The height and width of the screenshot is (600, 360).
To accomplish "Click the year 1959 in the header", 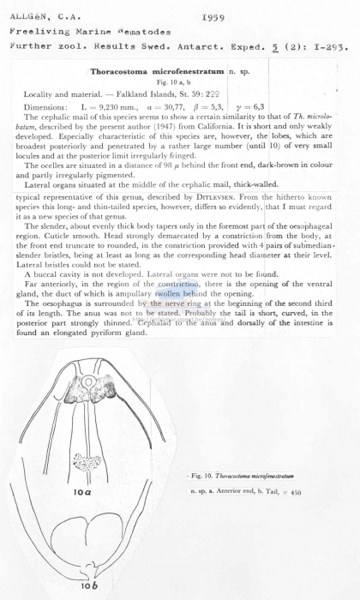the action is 213,17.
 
